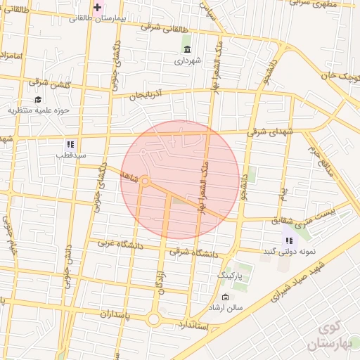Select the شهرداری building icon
[x=187, y=49]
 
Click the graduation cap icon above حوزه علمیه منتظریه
[x=38, y=99]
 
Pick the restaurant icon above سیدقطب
[x=71, y=143]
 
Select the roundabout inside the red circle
[x=145, y=181]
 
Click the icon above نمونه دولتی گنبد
[x=289, y=231]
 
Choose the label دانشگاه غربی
[x=115, y=243]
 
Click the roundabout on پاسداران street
[x=153, y=320]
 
